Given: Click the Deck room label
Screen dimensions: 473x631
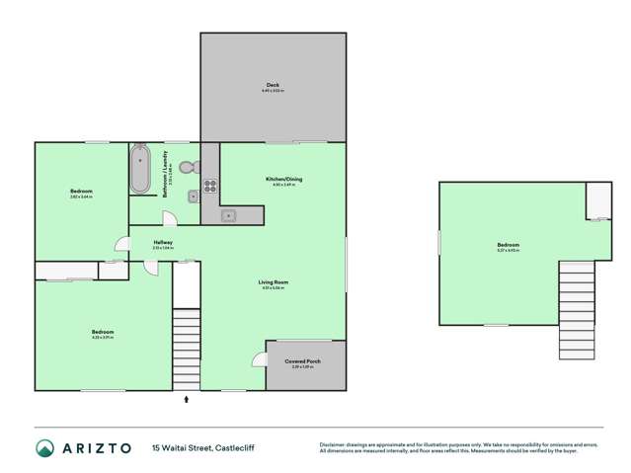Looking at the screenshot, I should (272, 87).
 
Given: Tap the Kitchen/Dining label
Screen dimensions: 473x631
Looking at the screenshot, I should (283, 180).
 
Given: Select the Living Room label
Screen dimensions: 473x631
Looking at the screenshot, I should (273, 283).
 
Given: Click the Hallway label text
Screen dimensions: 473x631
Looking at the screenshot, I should (163, 243).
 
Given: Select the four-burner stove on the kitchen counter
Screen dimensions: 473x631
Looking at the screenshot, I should (209, 185).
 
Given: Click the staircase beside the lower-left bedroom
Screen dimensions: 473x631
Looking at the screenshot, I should (186, 350).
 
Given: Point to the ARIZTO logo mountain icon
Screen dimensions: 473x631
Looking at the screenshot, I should (43, 447).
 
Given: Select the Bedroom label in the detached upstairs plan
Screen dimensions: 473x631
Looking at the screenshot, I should (508, 245).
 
